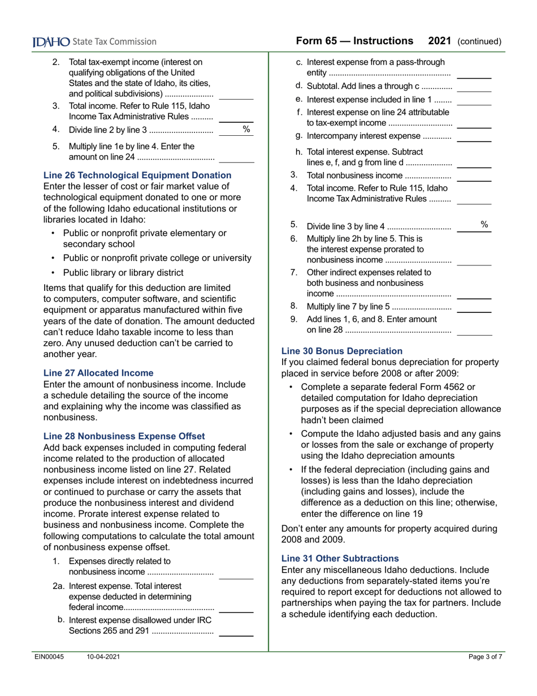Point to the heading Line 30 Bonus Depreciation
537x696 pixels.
click(342, 351)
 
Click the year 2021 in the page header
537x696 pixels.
click(439, 41)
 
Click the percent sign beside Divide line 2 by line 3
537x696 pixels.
click(246, 130)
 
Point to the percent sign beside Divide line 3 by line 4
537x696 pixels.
click(484, 225)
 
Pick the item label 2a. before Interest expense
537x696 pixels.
click(59, 586)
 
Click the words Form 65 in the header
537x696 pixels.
click(315, 41)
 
